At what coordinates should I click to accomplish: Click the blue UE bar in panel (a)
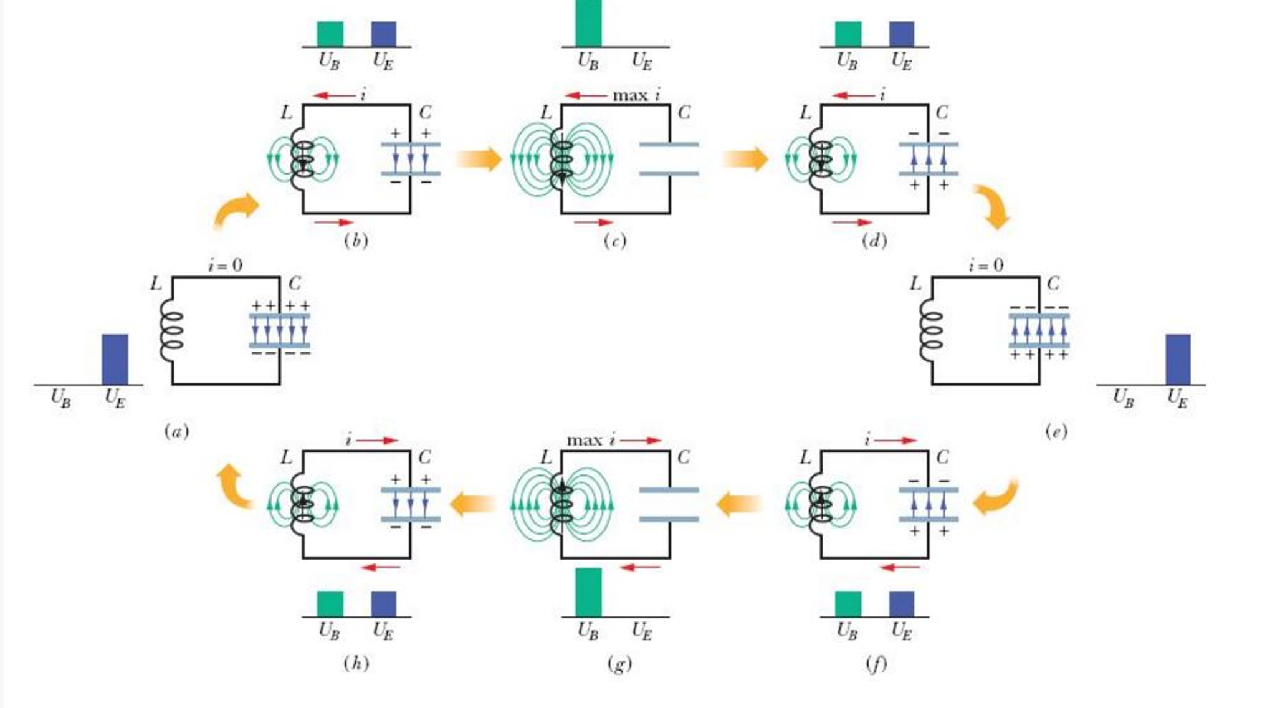click(x=115, y=360)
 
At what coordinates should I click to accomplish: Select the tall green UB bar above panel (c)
click(x=588, y=24)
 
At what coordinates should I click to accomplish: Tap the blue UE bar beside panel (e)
click(x=1177, y=360)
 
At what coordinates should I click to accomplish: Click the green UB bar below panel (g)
click(x=588, y=591)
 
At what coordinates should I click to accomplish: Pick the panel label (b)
click(x=356, y=241)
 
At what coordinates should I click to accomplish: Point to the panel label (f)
click(x=876, y=664)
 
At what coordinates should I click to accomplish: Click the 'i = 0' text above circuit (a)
click(x=225, y=265)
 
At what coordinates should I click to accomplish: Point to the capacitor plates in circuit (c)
click(x=669, y=159)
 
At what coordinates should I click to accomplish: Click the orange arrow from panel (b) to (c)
click(x=479, y=159)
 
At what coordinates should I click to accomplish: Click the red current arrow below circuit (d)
click(x=852, y=222)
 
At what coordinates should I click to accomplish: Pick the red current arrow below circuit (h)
click(x=381, y=567)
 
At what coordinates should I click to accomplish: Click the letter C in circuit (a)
click(x=294, y=284)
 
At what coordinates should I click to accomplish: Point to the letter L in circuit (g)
click(x=546, y=457)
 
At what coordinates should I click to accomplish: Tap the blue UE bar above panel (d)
click(x=901, y=34)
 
